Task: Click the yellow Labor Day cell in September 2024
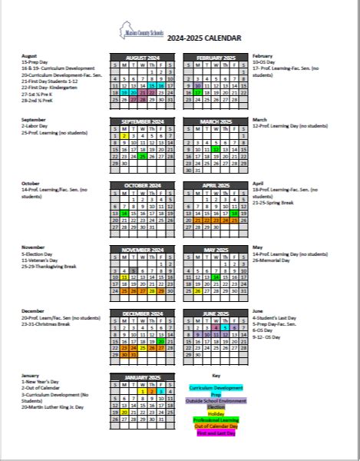pos(124,135)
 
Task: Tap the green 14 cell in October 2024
pos(124,213)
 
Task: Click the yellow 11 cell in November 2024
pos(124,277)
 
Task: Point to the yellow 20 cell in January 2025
pos(124,412)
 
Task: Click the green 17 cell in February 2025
pos(198,92)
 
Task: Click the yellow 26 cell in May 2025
pos(198,291)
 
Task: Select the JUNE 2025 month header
pos(216,313)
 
